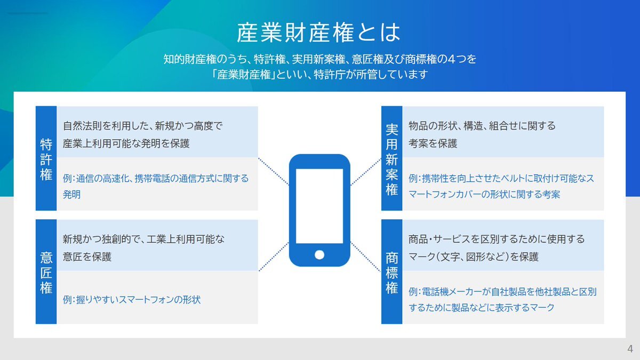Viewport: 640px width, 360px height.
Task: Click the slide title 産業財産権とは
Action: point(318,33)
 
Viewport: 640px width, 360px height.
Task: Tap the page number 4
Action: point(630,349)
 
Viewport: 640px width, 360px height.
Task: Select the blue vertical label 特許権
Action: point(46,159)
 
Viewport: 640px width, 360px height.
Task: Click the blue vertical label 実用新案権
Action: point(392,159)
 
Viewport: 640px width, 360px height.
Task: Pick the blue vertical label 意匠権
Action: point(46,272)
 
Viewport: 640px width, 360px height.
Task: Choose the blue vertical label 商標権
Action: point(392,272)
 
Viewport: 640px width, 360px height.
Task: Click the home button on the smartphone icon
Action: point(319,254)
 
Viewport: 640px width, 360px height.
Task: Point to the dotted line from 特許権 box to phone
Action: point(274,171)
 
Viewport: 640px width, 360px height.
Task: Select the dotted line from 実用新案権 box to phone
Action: point(366,171)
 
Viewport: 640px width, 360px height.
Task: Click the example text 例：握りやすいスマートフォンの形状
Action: point(132,300)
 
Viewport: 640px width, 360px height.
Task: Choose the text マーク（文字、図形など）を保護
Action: point(473,257)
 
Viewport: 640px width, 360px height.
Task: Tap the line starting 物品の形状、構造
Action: point(482,126)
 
